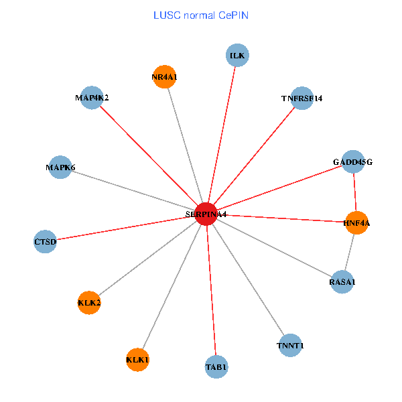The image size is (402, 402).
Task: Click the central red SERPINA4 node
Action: pos(206,214)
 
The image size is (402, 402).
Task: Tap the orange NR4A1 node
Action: pos(164,77)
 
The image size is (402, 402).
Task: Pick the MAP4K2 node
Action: pos(92,98)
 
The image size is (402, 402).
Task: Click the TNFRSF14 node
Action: pos(302,98)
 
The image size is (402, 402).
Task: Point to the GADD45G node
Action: pos(352,161)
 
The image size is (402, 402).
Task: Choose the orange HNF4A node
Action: pos(356,222)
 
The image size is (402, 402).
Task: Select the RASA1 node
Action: pos(342,282)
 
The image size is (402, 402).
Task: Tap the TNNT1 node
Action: pos(290,345)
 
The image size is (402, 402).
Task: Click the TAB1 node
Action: pos(216,366)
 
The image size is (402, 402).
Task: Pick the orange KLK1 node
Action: pos(137,360)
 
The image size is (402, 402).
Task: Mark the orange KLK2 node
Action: pos(89,303)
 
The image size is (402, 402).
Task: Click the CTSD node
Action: pos(45,241)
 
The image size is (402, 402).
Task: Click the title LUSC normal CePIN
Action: pos(201,15)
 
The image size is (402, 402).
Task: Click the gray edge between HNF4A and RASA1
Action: pos(349,253)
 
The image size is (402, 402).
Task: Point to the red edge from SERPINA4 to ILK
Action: pos(222,135)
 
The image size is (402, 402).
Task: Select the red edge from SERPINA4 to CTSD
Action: pos(126,227)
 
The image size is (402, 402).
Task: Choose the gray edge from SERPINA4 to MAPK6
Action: pos(133,190)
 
